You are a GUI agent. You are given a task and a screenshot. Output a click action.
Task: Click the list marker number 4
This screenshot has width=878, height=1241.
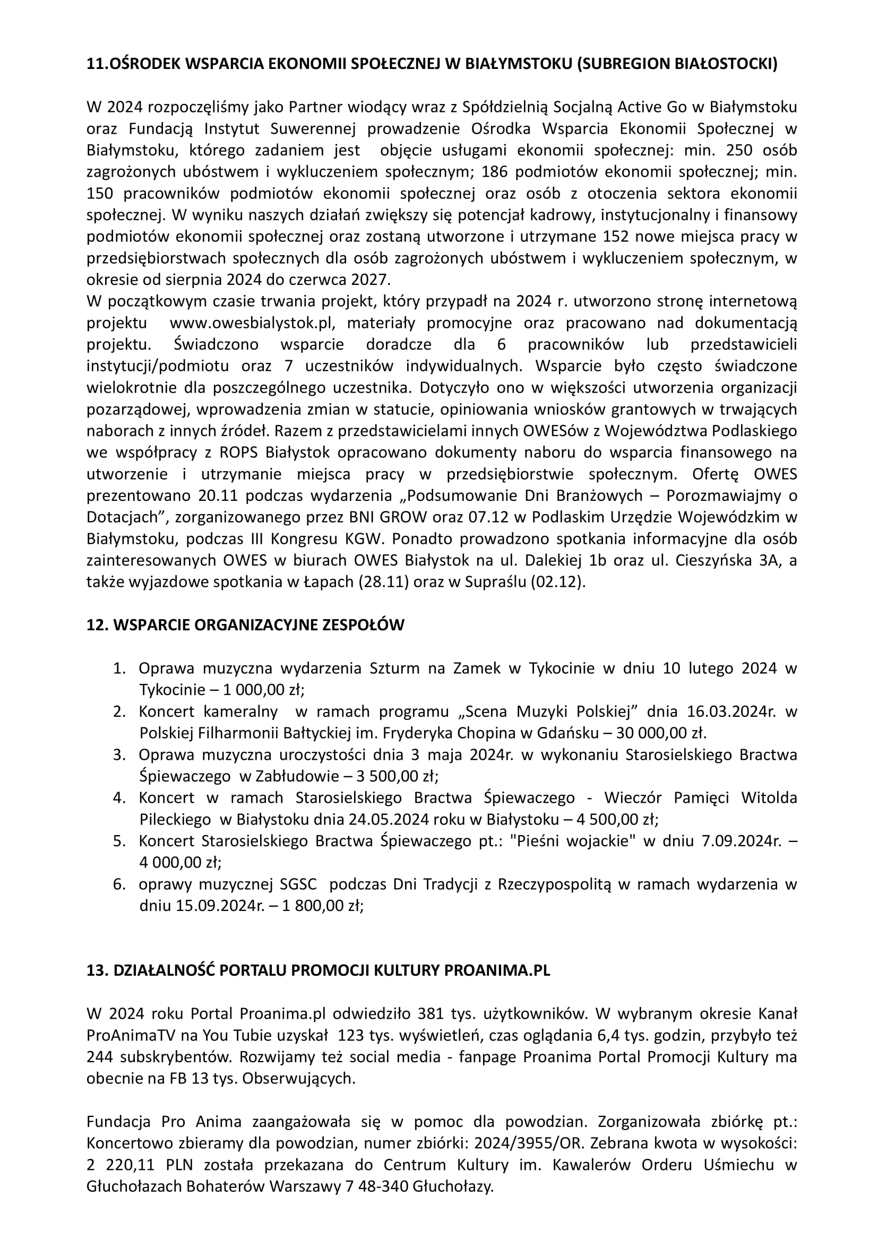119,798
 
